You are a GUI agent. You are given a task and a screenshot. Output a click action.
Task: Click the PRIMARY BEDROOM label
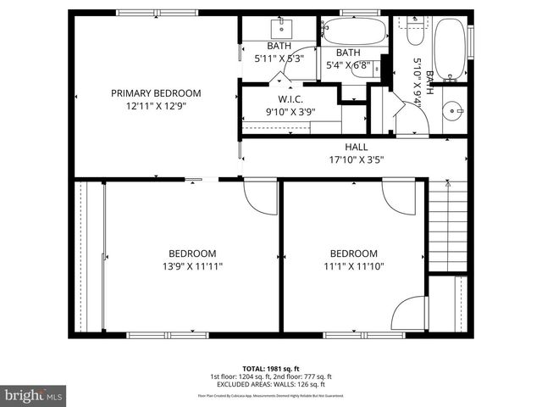pyautogui.click(x=157, y=93)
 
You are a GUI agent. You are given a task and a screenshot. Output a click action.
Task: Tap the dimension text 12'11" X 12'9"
pyautogui.click(x=157, y=106)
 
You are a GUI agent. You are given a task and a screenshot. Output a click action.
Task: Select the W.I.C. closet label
pyautogui.click(x=279, y=98)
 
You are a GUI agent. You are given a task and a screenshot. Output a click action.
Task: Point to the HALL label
pyautogui.click(x=356, y=148)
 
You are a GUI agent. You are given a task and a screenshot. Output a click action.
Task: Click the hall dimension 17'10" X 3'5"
pyautogui.click(x=356, y=159)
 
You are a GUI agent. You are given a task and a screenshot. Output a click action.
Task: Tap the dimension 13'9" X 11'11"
pyautogui.click(x=191, y=266)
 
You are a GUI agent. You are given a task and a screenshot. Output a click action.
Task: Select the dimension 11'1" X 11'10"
pyautogui.click(x=353, y=266)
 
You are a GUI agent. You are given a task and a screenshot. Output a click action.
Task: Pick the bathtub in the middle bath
pyautogui.click(x=354, y=32)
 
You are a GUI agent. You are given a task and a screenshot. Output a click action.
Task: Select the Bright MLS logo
pyautogui.click(x=34, y=394)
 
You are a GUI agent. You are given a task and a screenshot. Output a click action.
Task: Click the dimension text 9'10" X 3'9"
pyautogui.click(x=279, y=111)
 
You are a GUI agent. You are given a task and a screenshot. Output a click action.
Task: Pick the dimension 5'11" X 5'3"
pyautogui.click(x=279, y=59)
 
